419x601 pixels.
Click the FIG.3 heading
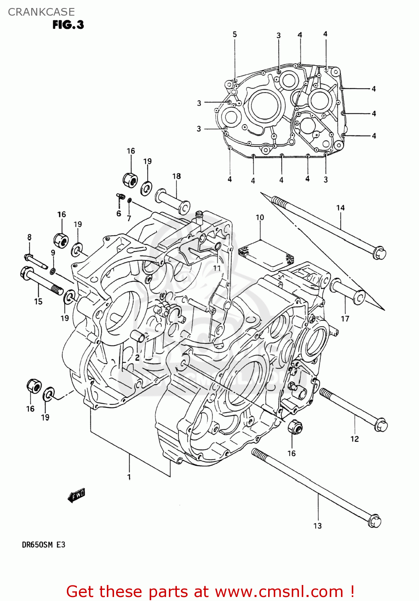pos(68,25)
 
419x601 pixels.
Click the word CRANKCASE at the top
pos(41,12)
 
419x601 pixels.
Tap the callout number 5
pos(235,34)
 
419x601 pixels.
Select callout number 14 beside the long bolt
pos(340,208)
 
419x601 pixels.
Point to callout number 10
pos(260,217)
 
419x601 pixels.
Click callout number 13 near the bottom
pos(317,526)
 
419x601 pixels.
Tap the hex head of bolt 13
pos(375,521)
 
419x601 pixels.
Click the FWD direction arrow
pos(76,496)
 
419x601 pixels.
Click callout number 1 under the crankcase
pos(129,477)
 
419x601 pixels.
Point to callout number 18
pos(176,176)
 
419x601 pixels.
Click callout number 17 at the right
pos(345,319)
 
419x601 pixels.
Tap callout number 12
pos(355,439)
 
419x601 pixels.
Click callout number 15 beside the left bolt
pos(38,301)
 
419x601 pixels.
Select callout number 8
pos(29,237)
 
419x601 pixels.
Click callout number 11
pos(217,268)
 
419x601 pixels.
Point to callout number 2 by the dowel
pos(137,357)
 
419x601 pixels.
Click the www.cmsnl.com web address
pos(279,592)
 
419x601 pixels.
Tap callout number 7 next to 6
pos(129,218)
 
